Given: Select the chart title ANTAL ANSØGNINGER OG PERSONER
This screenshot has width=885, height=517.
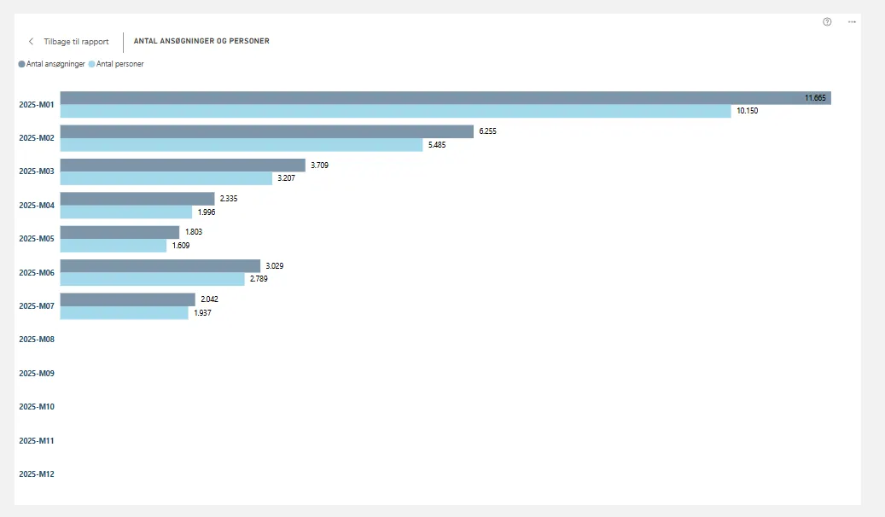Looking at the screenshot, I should tap(201, 41).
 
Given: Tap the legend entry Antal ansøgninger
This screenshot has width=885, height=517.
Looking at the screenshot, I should tap(52, 64).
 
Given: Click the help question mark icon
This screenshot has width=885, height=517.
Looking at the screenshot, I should tap(827, 22).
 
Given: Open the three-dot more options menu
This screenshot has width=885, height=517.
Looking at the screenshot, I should tap(852, 22).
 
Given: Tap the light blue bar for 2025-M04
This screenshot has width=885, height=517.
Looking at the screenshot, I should tap(126, 212).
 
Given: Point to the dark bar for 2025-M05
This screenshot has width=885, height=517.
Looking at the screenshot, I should tap(119, 232).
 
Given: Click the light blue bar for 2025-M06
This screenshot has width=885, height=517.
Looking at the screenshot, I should tap(152, 279).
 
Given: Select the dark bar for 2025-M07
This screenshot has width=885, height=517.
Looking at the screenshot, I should tap(128, 299).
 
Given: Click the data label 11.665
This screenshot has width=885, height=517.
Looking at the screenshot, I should tap(815, 98).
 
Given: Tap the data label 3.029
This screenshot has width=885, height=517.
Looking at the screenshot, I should tap(274, 266).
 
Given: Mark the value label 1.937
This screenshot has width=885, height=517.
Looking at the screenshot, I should tap(202, 313).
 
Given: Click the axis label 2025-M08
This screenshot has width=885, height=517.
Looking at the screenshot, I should tap(37, 340).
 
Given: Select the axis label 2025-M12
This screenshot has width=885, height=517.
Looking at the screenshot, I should tap(37, 473).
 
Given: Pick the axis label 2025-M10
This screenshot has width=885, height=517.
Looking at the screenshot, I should tap(37, 407).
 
